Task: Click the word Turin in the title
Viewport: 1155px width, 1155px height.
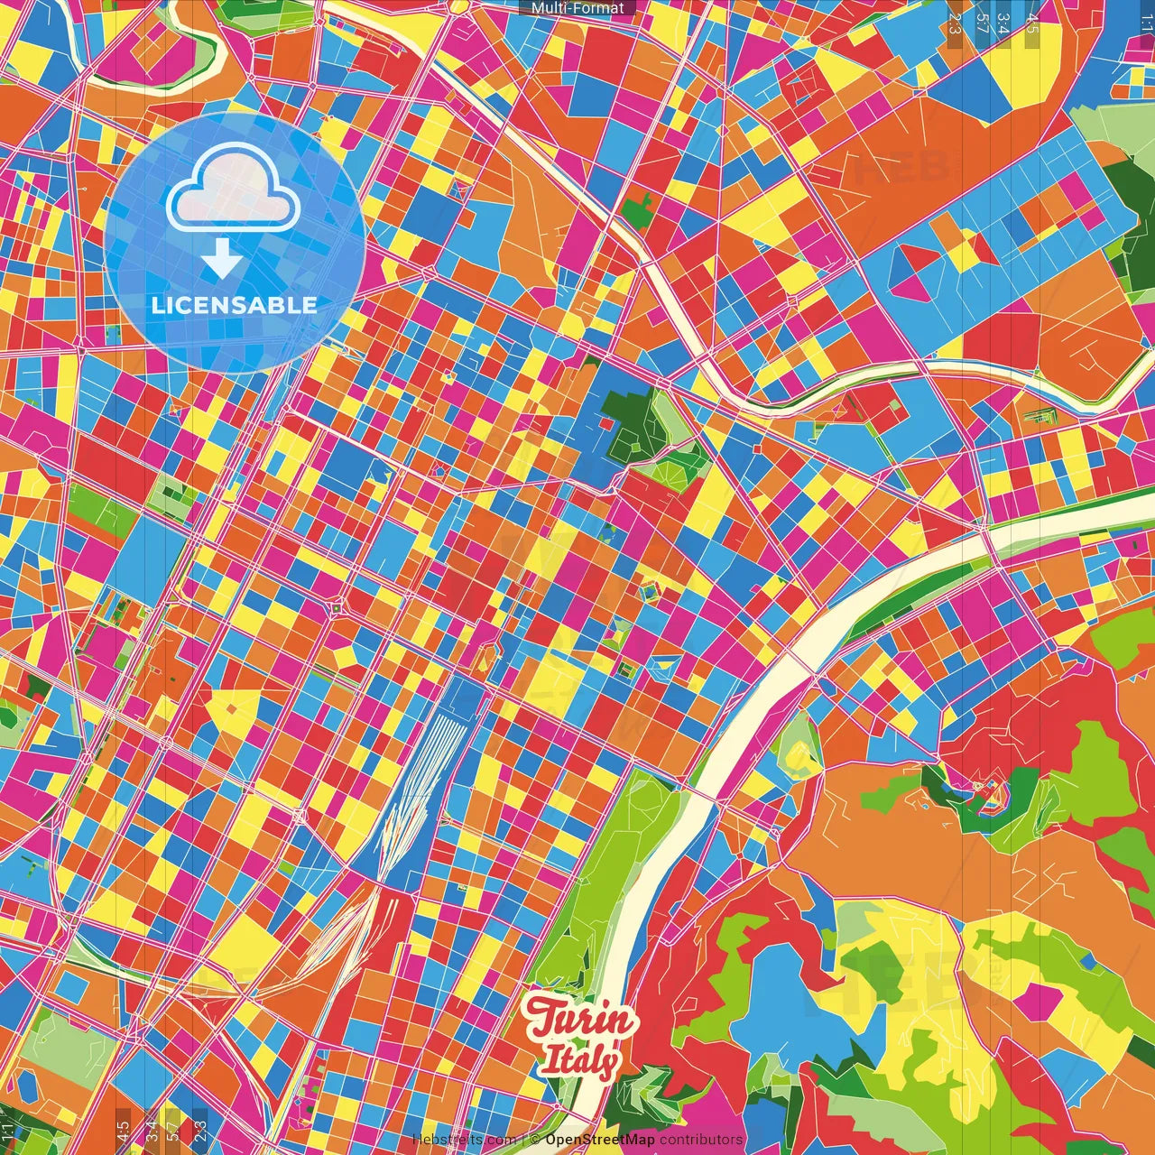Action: pyautogui.click(x=581, y=1021)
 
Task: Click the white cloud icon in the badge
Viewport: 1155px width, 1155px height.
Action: pyautogui.click(x=233, y=189)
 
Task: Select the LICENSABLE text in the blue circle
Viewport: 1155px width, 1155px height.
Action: pyautogui.click(x=235, y=305)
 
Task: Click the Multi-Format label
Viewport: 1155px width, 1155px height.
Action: pyautogui.click(x=577, y=8)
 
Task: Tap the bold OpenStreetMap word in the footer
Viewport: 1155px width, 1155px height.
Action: pyautogui.click(x=599, y=1140)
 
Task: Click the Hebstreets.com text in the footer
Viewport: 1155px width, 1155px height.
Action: pyautogui.click(x=464, y=1140)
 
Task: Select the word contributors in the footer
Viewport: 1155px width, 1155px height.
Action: pyautogui.click(x=701, y=1140)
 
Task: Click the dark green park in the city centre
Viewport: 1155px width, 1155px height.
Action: pyautogui.click(x=628, y=420)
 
